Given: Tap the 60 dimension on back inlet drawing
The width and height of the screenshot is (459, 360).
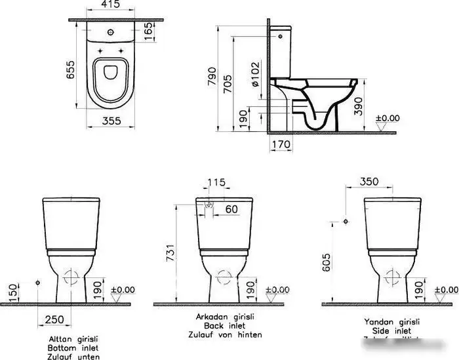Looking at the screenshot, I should point(231,209).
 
